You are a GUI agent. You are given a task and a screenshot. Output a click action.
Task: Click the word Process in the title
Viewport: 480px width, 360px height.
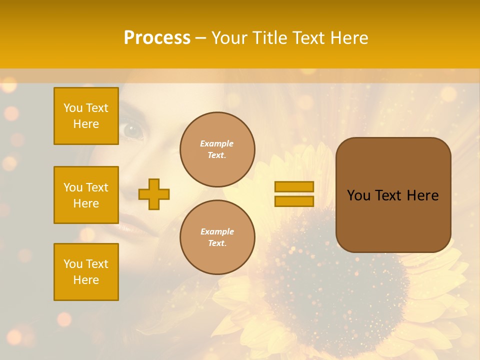click(157, 38)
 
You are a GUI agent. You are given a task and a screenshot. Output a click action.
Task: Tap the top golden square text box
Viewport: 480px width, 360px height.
click(86, 116)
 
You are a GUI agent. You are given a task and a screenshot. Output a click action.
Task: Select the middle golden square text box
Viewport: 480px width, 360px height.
click(86, 195)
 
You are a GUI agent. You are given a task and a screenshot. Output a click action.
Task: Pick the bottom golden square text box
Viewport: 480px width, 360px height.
click(86, 271)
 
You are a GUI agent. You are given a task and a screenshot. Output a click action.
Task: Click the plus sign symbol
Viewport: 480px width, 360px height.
click(154, 194)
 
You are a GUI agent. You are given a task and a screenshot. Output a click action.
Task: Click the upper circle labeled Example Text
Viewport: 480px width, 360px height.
click(217, 149)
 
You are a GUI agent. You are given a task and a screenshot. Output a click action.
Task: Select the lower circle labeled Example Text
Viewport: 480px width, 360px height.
click(217, 237)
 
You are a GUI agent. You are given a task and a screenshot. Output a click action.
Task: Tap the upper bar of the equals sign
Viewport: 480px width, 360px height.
click(294, 186)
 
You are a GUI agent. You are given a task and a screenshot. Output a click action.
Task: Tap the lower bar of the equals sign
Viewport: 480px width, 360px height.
click(294, 201)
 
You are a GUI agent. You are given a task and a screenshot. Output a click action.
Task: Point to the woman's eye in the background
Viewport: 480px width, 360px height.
click(133, 130)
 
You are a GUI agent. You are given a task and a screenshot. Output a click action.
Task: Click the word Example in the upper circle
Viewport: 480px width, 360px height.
click(217, 143)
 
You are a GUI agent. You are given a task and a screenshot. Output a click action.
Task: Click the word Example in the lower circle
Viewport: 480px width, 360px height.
click(217, 231)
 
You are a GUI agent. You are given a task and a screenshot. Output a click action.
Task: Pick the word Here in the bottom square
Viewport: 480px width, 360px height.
click(86, 280)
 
